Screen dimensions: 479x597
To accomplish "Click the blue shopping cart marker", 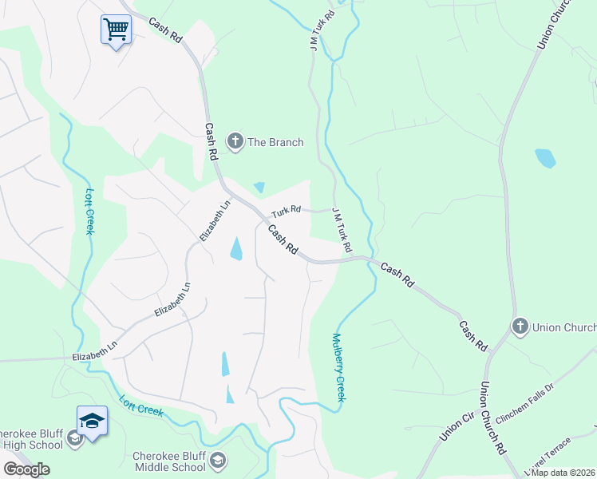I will pyautogui.click(x=116, y=30).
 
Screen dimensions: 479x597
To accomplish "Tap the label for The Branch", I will pyautogui.click(x=275, y=142).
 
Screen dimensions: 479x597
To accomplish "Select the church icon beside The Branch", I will pyautogui.click(x=235, y=142).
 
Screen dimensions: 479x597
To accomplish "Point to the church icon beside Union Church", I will pyautogui.click(x=520, y=327).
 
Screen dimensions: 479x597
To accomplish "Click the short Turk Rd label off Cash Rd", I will pyautogui.click(x=285, y=212).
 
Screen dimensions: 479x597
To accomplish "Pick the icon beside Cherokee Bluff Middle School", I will pyautogui.click(x=218, y=461).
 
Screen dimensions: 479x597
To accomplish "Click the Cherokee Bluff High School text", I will pyautogui.click(x=32, y=439).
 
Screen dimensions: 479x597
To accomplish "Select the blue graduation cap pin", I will pyautogui.click(x=92, y=421).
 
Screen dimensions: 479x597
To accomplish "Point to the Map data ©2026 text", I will pyautogui.click(x=563, y=473).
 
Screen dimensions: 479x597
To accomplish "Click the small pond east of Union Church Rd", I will pyautogui.click(x=545, y=157).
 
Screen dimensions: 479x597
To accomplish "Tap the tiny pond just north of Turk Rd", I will pyautogui.click(x=259, y=188).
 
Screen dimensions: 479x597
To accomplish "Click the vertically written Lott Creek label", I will pyautogui.click(x=89, y=210).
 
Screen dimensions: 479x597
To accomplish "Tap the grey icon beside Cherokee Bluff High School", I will pyautogui.click(x=74, y=438).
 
